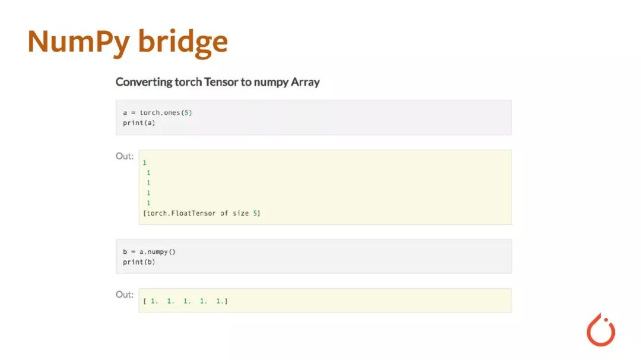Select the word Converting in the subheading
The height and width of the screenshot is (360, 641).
tap(143, 82)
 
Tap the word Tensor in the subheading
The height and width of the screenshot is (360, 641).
tap(221, 82)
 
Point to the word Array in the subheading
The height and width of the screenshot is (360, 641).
tap(305, 82)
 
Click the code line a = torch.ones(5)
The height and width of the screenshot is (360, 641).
tap(157, 113)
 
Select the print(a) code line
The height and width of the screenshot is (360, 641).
tap(139, 123)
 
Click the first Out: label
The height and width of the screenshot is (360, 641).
tap(125, 156)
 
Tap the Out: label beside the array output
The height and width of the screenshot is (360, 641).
tap(125, 294)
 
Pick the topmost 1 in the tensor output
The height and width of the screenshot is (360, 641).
tap(145, 162)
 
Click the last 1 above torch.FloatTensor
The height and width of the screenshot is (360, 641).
tap(148, 203)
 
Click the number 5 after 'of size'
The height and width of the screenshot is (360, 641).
tap(255, 213)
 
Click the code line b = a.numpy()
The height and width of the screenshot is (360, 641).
tap(150, 251)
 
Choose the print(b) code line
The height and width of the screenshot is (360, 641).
tap(139, 262)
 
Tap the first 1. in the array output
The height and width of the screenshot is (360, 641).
tap(154, 301)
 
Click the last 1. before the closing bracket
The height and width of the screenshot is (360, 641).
tap(220, 301)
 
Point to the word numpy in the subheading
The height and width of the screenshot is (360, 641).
tap(271, 82)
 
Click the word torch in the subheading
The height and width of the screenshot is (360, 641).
tap(188, 82)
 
